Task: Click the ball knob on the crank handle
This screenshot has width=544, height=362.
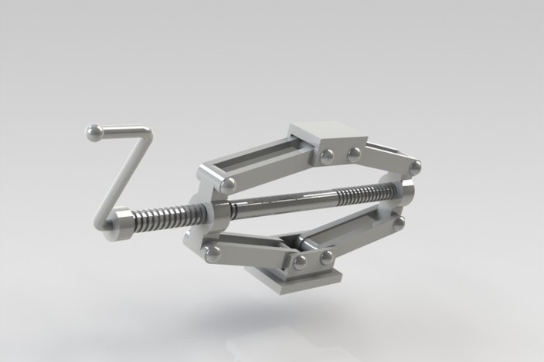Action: [x=95, y=133]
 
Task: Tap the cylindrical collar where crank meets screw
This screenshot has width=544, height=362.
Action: [x=119, y=225]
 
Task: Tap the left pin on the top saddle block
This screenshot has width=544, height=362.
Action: [x=327, y=157]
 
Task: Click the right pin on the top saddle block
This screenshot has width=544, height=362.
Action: [x=354, y=154]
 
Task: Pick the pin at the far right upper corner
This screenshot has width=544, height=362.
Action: [x=415, y=167]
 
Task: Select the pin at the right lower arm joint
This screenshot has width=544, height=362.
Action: [x=399, y=224]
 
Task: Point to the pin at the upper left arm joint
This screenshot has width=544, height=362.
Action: [x=227, y=185]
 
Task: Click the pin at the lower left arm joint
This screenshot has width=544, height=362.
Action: [x=212, y=252]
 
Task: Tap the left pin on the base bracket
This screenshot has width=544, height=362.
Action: [x=300, y=262]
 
